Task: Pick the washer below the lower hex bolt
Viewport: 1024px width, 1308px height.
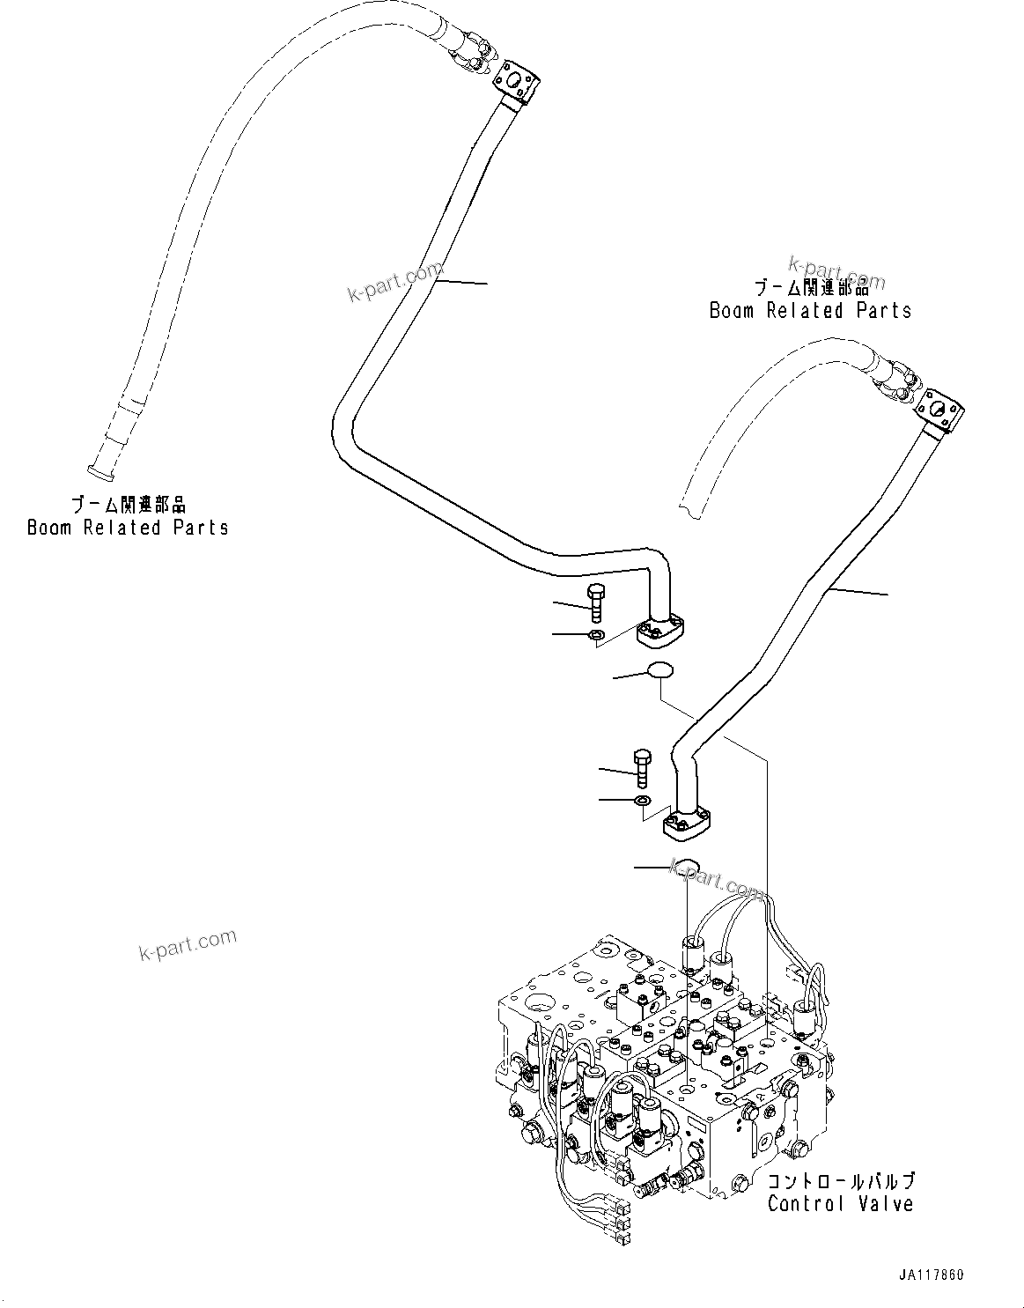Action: click(x=642, y=801)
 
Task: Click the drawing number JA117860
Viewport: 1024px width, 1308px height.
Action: click(x=932, y=1275)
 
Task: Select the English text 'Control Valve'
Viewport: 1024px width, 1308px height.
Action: click(x=840, y=1203)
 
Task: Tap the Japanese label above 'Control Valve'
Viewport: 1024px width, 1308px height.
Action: click(x=840, y=1181)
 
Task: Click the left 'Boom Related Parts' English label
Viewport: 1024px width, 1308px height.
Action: click(x=128, y=528)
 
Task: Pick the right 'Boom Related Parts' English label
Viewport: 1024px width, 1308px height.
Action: click(x=810, y=310)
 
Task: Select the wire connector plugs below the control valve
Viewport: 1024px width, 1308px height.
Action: click(x=623, y=1223)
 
